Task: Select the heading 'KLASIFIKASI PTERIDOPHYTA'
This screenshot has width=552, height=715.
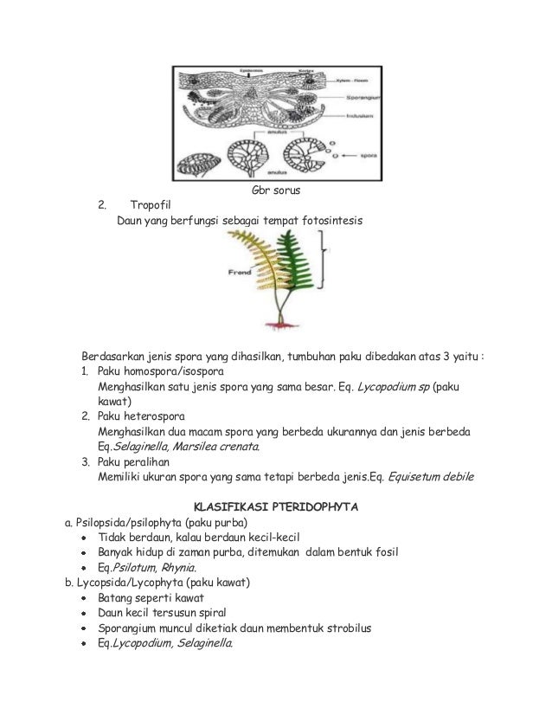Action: click(x=275, y=506)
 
